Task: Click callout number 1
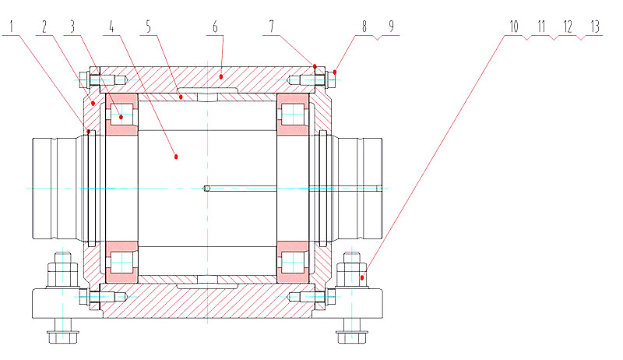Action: tap(12, 26)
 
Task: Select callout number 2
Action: tap(44, 26)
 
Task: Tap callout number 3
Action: tap(72, 26)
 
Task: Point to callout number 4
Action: tap(111, 26)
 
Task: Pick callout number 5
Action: tap(149, 26)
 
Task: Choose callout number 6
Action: tap(215, 26)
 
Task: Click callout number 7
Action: tap(272, 26)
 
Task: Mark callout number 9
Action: tap(392, 26)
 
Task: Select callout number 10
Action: tap(514, 26)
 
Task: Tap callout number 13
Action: tap(595, 26)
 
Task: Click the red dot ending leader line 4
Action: tap(176, 157)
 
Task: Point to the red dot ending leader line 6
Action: tap(221, 76)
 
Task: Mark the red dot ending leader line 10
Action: tap(362, 277)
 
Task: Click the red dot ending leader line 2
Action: tap(93, 103)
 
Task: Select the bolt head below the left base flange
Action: tap(63, 337)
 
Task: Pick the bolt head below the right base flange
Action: tap(352, 337)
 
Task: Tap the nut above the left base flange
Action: tap(63, 274)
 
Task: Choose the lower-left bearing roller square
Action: tap(121, 263)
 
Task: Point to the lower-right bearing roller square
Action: tap(293, 263)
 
